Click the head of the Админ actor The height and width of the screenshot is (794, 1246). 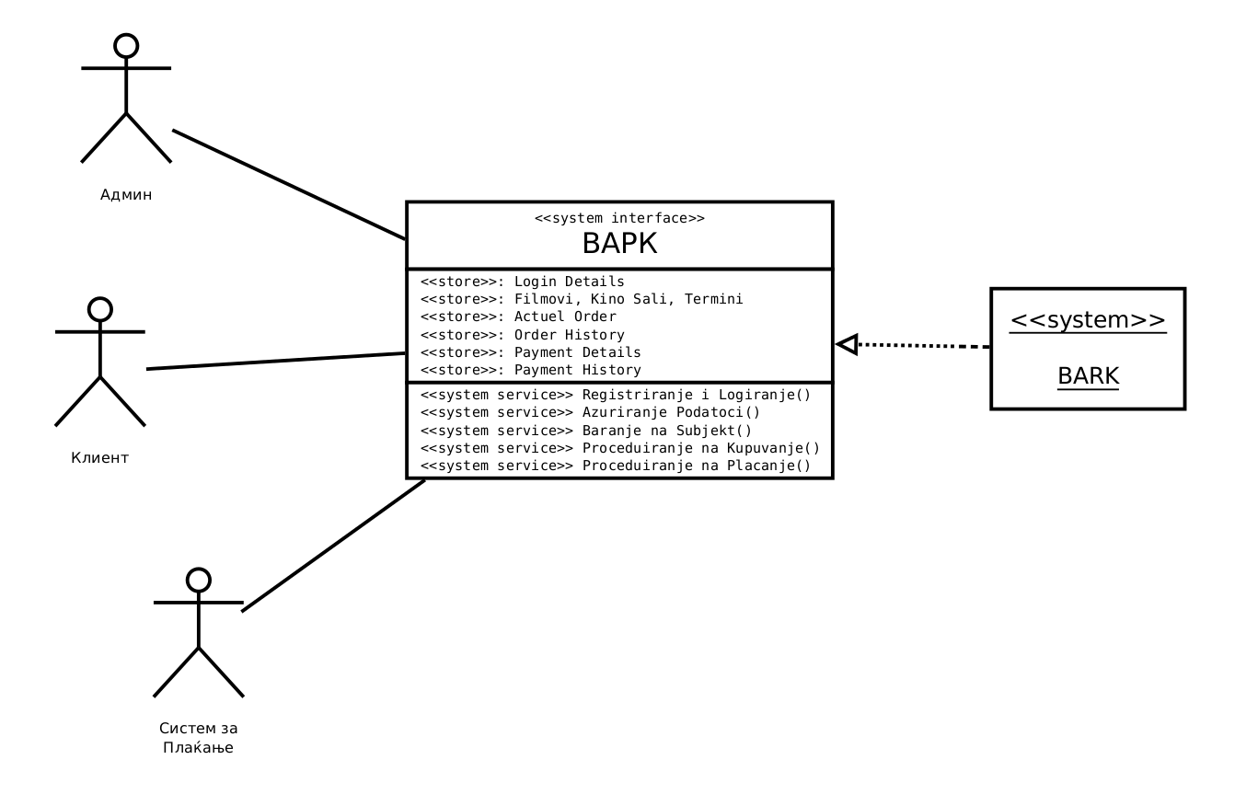[126, 46]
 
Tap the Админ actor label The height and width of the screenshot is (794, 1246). [126, 194]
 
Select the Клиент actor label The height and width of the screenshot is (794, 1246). [100, 457]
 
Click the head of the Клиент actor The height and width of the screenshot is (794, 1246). [99, 309]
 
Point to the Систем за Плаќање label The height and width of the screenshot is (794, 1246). [198, 738]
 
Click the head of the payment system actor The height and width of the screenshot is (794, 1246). [198, 580]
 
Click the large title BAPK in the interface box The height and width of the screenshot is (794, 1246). [619, 244]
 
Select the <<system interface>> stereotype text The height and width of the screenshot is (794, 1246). [619, 218]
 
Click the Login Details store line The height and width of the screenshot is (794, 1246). [522, 282]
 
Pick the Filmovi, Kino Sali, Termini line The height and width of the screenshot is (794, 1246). [581, 299]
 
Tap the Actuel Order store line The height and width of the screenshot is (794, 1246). [518, 316]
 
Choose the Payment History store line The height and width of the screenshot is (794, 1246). [530, 370]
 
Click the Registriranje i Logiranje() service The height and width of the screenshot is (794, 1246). [616, 395]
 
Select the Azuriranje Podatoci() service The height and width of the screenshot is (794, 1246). [590, 412]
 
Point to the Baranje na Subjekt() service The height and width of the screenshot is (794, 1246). [586, 431]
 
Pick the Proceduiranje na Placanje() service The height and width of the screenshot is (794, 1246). [616, 466]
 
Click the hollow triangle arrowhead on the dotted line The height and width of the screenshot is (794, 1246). [847, 344]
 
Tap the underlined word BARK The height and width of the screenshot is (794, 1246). [1088, 376]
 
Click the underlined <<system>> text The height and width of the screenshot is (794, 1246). [1088, 320]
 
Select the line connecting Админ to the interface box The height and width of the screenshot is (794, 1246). [289, 184]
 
